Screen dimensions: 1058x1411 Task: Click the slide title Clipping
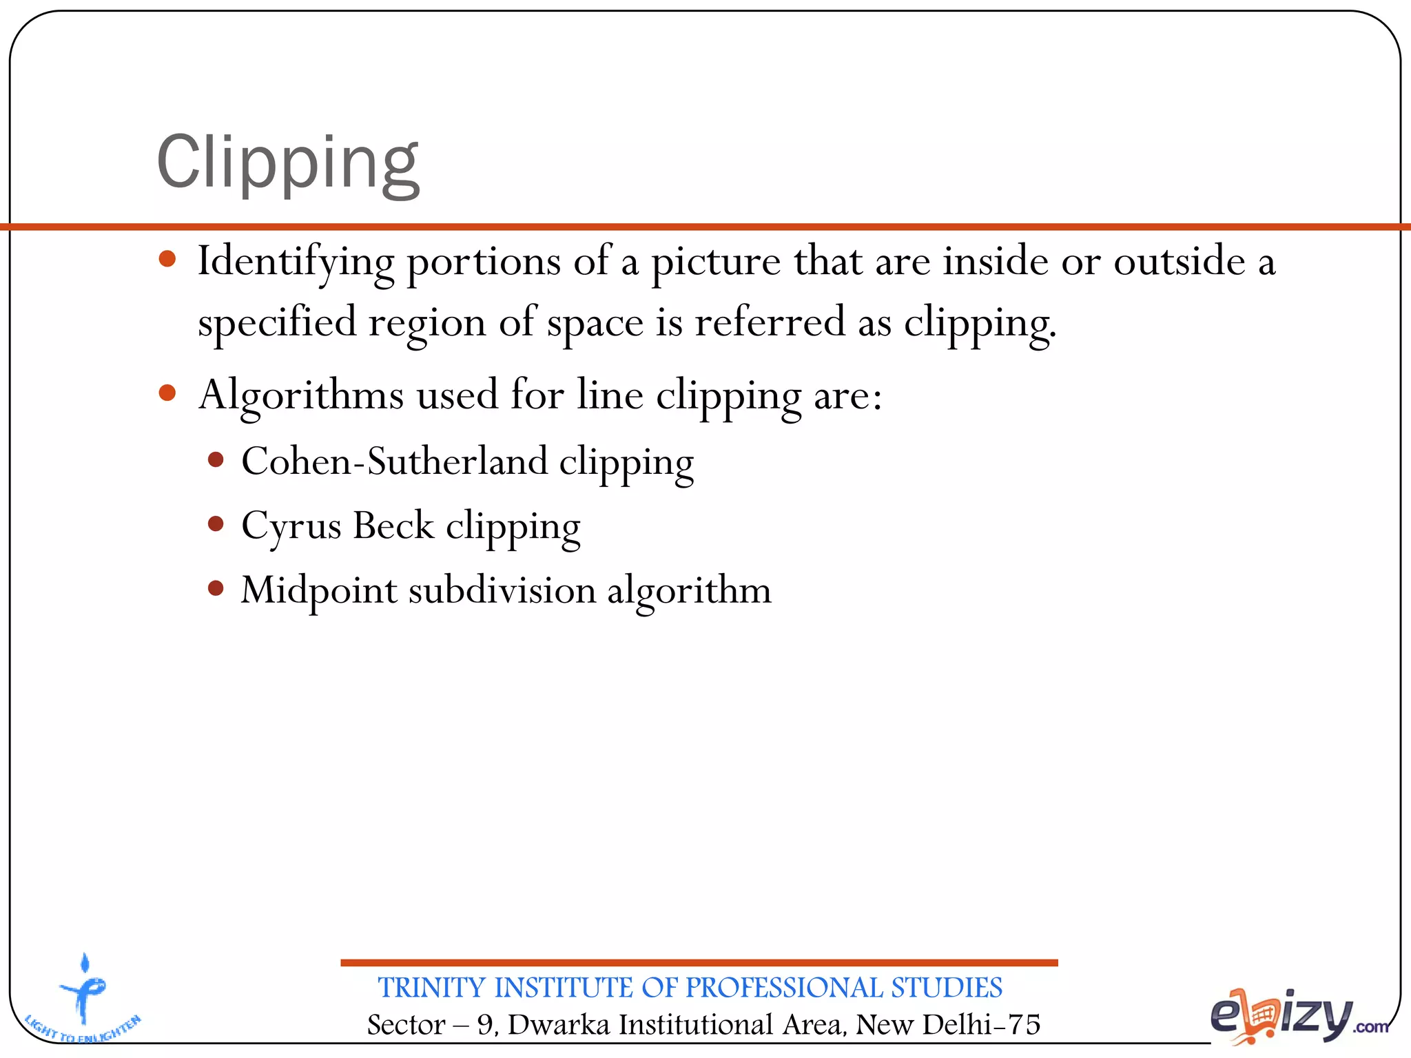coord(288,163)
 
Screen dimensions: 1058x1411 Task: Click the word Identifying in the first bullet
coord(296,262)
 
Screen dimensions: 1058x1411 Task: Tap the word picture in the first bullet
coord(716,262)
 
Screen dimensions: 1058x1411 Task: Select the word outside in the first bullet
coord(1179,261)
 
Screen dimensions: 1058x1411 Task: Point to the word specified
coord(277,322)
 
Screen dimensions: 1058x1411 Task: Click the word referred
coord(770,322)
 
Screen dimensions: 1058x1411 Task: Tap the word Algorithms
coord(300,396)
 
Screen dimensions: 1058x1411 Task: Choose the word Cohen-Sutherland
coord(394,461)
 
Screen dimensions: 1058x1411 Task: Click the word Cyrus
coord(291,527)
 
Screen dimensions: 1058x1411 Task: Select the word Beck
coord(393,526)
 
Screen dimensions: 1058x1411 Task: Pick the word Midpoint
coord(319,590)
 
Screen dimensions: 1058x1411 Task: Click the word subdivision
coord(502,590)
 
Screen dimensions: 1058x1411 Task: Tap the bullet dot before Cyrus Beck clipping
coord(216,524)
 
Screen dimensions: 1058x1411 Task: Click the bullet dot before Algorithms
coord(167,393)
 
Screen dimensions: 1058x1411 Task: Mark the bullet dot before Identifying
coord(167,260)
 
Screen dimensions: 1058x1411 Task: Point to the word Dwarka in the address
coord(559,1024)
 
